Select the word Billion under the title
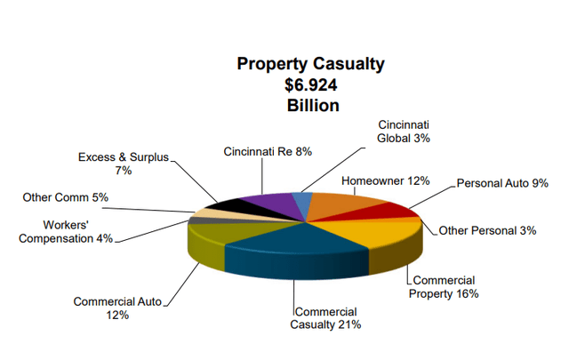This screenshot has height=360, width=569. [300, 105]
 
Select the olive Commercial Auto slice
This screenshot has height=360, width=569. [222, 233]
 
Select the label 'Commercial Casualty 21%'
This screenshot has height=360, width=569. [325, 317]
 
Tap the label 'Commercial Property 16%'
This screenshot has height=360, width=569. [444, 286]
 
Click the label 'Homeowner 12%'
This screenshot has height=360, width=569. [381, 180]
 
